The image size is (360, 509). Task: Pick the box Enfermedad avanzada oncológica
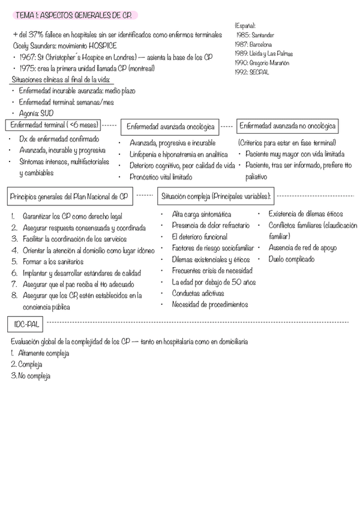(170, 127)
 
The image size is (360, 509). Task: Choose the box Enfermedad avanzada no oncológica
(287, 126)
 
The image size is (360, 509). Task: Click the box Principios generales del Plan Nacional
(69, 196)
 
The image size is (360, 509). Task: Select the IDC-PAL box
(27, 325)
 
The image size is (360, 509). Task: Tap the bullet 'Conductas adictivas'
(197, 294)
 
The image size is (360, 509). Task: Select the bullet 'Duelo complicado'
(292, 259)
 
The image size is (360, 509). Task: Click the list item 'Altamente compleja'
(43, 354)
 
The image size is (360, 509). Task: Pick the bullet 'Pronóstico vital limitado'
(161, 177)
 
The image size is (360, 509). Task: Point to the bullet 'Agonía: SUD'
(36, 113)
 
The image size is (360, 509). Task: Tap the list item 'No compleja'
(34, 376)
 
